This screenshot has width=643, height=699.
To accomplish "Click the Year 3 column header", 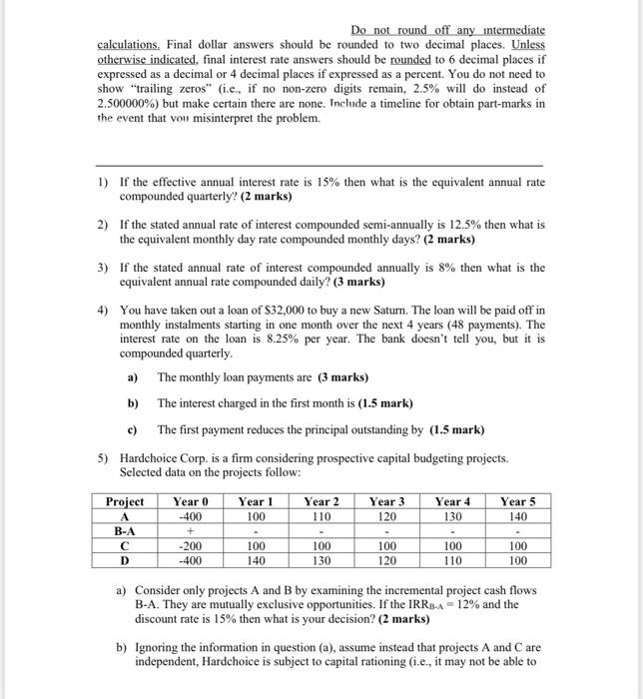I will click(x=386, y=501).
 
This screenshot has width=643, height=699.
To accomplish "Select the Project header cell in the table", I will click(x=125, y=501).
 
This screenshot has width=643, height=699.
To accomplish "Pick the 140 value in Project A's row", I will click(x=517, y=516).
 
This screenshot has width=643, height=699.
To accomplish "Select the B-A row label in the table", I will click(x=125, y=532).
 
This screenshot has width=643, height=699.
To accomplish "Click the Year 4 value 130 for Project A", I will click(x=452, y=516).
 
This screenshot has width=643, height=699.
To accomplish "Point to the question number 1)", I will click(x=103, y=183).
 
